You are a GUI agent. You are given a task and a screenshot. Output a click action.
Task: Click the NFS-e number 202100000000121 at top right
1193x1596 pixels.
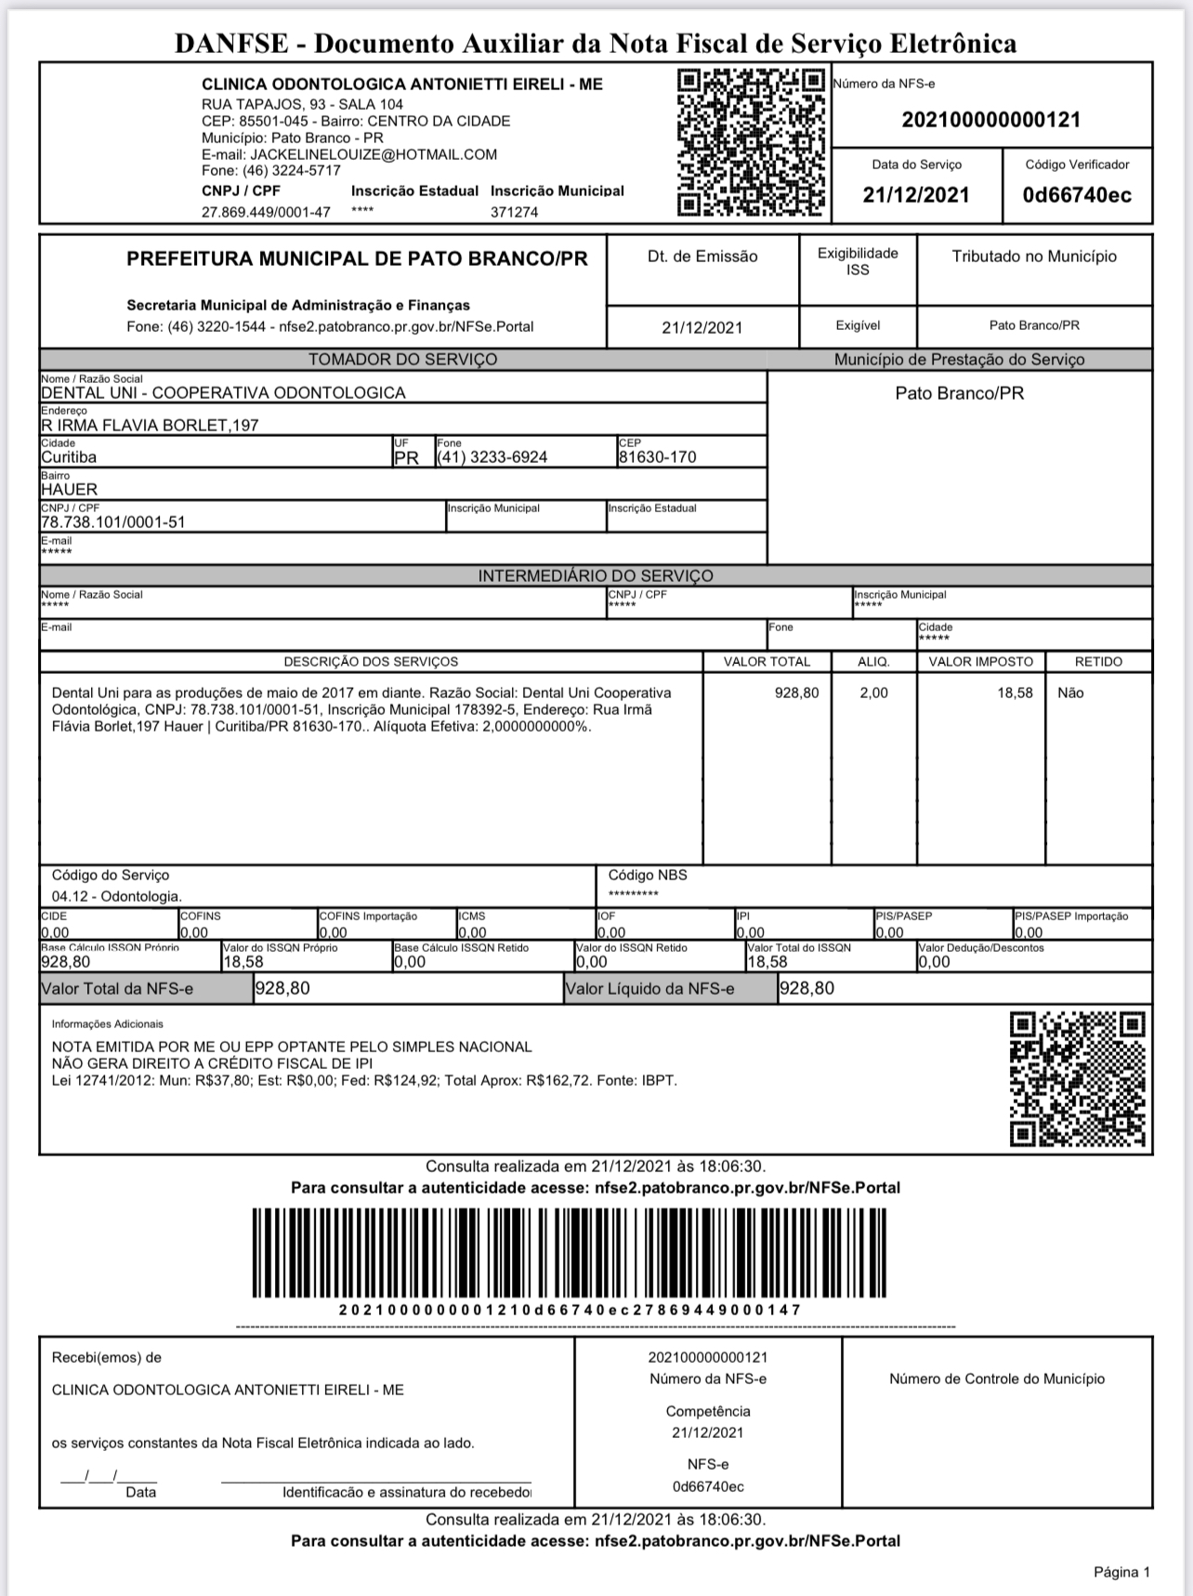pyautogui.click(x=990, y=120)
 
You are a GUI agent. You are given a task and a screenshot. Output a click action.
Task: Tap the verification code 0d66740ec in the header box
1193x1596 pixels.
pyautogui.click(x=1077, y=195)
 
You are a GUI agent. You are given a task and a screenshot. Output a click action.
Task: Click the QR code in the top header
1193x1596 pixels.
pyautogui.click(x=751, y=143)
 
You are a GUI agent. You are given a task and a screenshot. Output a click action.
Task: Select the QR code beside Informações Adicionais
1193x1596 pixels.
pyautogui.click(x=1077, y=1079)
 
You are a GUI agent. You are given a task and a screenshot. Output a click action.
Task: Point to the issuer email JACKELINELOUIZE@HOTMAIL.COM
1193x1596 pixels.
pyautogui.click(x=373, y=155)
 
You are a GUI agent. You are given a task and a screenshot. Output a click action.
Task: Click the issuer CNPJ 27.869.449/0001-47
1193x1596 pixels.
pyautogui.click(x=266, y=212)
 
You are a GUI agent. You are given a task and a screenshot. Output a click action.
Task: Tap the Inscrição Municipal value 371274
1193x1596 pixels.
pyautogui.click(x=514, y=212)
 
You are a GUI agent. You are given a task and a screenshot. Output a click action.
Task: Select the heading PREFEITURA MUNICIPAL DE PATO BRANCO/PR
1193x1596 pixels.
pyautogui.click(x=357, y=259)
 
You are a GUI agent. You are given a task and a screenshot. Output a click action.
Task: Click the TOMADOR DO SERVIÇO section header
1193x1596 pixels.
pyautogui.click(x=402, y=360)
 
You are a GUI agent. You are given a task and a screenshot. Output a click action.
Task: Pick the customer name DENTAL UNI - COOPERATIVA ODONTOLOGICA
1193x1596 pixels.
pyautogui.click(x=223, y=393)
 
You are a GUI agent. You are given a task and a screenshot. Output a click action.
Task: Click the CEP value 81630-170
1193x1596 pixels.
pyautogui.click(x=657, y=457)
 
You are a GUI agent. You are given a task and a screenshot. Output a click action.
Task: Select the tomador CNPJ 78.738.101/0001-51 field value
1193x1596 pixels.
pyautogui.click(x=113, y=522)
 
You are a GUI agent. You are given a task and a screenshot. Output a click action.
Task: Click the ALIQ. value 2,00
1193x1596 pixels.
pyautogui.click(x=873, y=693)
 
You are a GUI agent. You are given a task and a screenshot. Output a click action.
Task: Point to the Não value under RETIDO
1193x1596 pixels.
pyautogui.click(x=1070, y=693)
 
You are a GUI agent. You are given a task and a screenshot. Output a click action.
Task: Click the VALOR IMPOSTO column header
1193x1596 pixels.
pyautogui.click(x=980, y=662)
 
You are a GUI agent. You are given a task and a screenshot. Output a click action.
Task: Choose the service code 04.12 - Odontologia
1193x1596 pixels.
pyautogui.click(x=117, y=897)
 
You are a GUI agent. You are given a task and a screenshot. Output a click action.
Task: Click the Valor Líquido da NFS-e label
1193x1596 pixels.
pyautogui.click(x=649, y=989)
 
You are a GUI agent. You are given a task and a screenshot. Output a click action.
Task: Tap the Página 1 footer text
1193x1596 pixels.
pyautogui.click(x=1121, y=1573)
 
